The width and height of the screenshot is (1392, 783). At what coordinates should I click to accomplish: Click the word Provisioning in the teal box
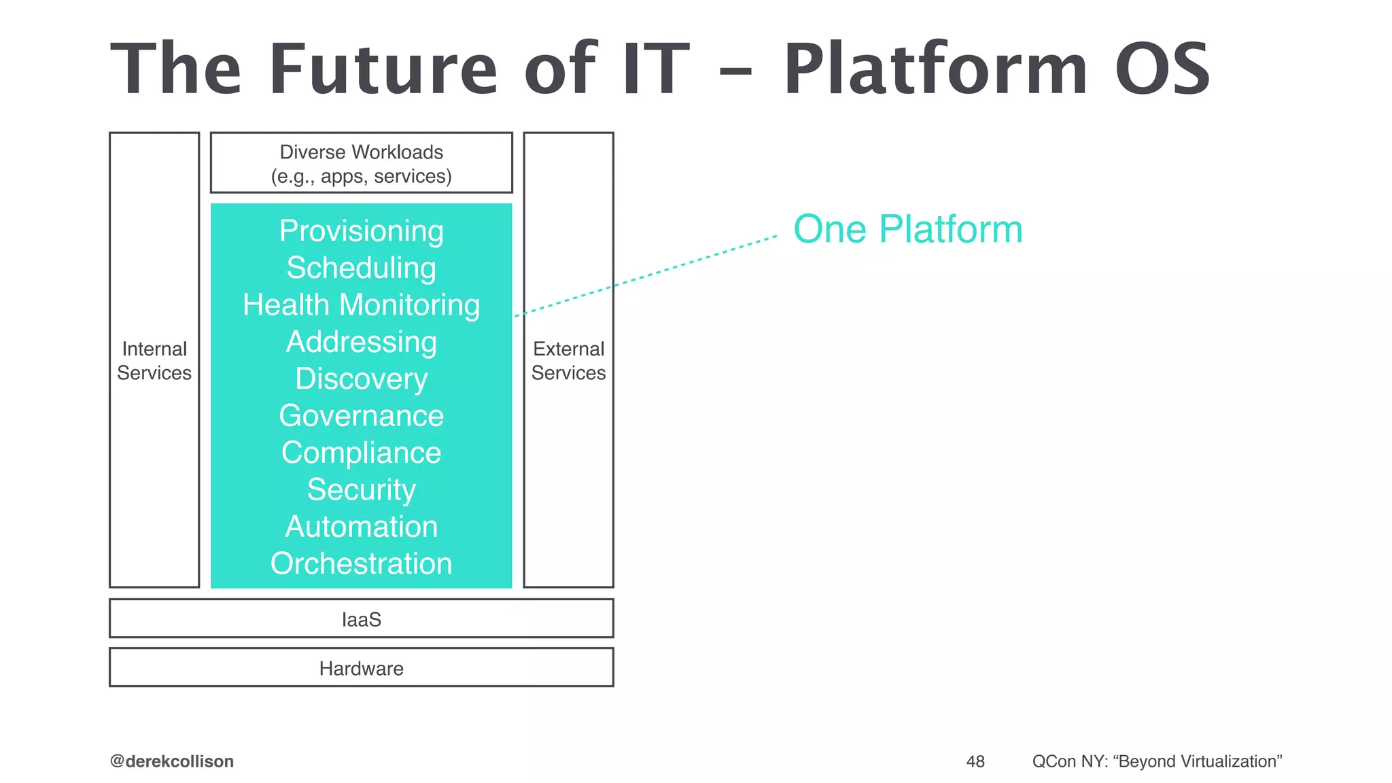361,231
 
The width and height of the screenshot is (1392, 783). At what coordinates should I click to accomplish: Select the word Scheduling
361,268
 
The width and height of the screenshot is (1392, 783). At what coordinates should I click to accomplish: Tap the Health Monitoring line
361,304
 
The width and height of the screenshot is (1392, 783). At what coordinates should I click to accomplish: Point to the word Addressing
361,341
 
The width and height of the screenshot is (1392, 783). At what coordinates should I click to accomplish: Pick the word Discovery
361,379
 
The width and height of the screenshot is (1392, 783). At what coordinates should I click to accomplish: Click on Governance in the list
361,415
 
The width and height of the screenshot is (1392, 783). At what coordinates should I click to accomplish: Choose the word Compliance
361,453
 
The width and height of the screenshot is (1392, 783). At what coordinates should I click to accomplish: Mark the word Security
361,489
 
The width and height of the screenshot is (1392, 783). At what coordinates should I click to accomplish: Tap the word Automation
361,527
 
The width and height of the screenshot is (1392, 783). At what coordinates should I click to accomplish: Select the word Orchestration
361,563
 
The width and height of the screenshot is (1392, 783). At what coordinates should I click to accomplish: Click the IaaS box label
361,619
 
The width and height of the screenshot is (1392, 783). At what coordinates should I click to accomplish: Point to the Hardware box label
361,668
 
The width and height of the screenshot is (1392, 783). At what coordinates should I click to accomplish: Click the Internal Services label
154,361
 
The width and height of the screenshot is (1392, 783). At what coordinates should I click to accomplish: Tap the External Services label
568,361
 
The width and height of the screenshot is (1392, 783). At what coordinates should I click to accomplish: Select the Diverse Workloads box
361,163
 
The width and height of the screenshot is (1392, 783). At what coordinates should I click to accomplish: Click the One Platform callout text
907,229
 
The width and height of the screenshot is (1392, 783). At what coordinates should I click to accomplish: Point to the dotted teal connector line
646,276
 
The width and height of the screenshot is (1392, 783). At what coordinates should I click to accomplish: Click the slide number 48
975,761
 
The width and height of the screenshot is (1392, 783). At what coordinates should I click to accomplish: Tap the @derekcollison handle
172,761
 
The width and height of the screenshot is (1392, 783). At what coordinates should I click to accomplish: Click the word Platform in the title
937,69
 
